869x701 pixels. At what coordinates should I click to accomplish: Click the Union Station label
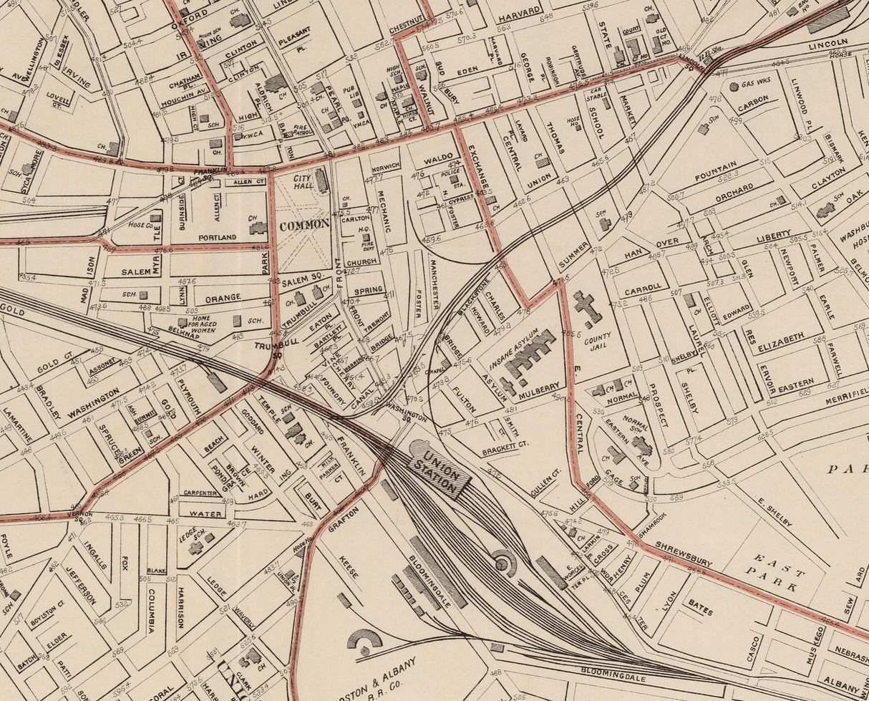point(438,468)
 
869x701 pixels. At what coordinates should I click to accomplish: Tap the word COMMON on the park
point(304,223)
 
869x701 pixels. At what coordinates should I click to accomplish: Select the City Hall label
point(301,182)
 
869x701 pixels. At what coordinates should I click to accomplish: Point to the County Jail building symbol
point(587,307)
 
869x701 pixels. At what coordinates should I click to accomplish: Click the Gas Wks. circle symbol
point(734,87)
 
